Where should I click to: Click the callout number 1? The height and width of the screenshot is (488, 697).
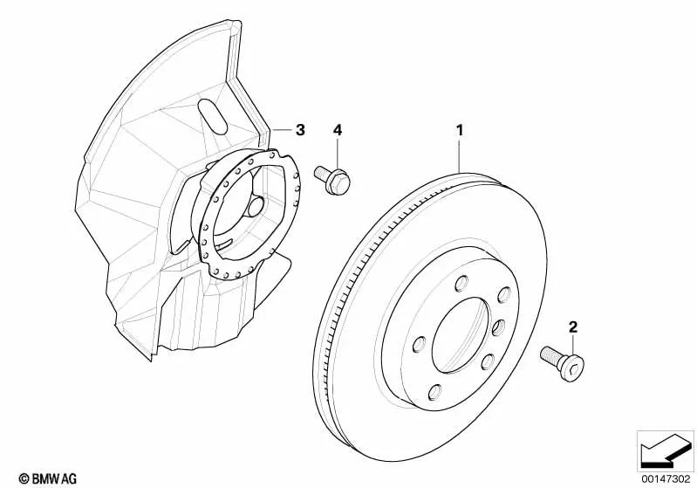tap(460, 130)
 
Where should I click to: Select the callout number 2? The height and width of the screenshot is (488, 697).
tap(573, 327)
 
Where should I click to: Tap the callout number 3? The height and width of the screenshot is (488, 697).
tap(300, 130)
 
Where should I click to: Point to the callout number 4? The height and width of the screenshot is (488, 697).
tap(338, 130)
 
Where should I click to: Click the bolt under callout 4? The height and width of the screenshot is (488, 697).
tap(332, 179)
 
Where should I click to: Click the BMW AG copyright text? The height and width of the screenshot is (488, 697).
tap(48, 478)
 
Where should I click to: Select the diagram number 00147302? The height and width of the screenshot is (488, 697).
tap(666, 478)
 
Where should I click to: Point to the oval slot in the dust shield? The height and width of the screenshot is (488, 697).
tap(213, 116)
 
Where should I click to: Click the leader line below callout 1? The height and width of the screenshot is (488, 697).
tap(460, 155)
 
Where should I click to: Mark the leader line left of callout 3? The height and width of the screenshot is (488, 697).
tap(282, 130)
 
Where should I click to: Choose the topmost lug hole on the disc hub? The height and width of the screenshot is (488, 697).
tap(462, 284)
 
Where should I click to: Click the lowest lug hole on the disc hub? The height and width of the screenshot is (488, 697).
tap(435, 392)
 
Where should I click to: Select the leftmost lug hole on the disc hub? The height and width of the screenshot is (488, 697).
tap(419, 344)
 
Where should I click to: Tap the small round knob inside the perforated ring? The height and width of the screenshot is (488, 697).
tap(256, 207)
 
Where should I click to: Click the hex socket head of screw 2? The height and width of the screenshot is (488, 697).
tap(572, 368)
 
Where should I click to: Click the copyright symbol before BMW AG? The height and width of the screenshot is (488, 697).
tap(24, 479)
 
